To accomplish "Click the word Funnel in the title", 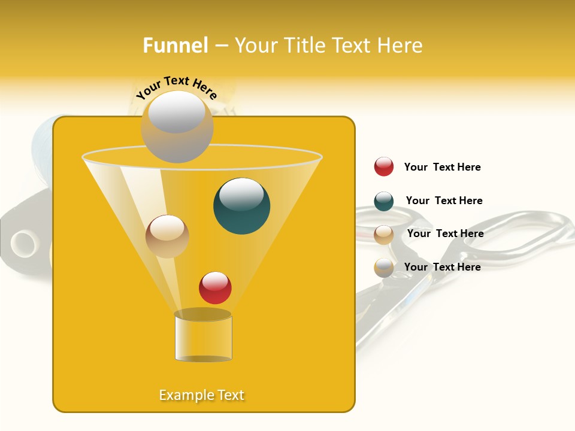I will click(x=175, y=45).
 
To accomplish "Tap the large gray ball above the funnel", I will click(x=177, y=126).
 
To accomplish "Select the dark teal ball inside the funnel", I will click(x=242, y=206).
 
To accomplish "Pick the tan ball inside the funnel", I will click(x=168, y=236).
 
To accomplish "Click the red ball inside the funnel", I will click(x=216, y=287).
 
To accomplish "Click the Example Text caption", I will click(x=202, y=395).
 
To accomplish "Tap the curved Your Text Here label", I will click(x=177, y=86).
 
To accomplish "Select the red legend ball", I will click(x=384, y=167).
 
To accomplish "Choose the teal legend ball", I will click(x=384, y=201).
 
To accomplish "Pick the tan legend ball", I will click(x=384, y=235).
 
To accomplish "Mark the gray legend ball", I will click(x=384, y=268).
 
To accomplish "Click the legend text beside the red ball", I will click(x=443, y=167).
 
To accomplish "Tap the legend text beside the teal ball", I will click(x=444, y=201).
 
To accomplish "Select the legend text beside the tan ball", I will click(x=445, y=233).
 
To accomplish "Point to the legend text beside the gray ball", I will click(x=443, y=267).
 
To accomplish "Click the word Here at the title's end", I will click(x=400, y=45).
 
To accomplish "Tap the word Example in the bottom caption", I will click(x=183, y=395).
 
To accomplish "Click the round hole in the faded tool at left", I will click(x=24, y=244).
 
